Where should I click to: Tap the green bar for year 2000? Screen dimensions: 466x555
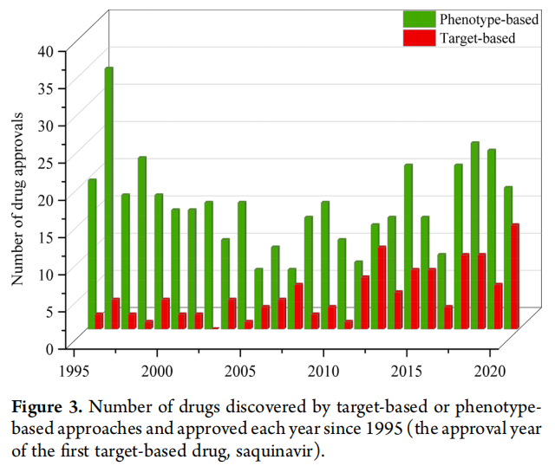(159, 261)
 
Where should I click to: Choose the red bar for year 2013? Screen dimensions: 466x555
(382, 287)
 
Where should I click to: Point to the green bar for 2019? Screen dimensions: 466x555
(475, 235)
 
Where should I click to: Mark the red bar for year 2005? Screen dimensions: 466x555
(249, 324)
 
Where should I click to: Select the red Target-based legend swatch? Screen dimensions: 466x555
(420, 37)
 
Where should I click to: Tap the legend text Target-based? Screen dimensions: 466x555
(477, 37)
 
